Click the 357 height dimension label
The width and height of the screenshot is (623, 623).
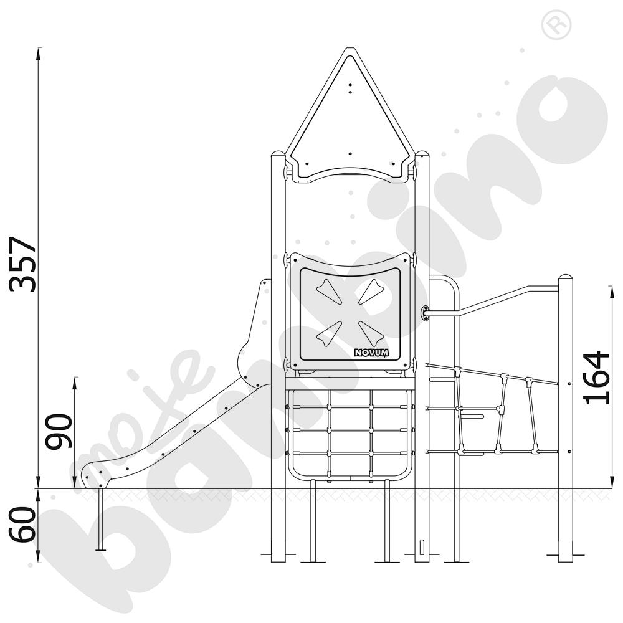tap(23, 265)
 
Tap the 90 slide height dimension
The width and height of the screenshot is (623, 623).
tap(58, 432)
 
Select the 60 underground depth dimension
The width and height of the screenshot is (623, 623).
tap(22, 524)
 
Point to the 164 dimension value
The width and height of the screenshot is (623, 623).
tap(596, 378)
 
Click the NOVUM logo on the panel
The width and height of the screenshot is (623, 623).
tap(371, 353)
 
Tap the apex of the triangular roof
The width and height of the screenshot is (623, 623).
tap(350, 49)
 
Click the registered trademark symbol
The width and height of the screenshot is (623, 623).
tap(556, 25)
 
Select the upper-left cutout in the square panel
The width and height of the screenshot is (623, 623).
tap(330, 291)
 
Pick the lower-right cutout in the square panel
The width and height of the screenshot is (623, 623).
tap(371, 333)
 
